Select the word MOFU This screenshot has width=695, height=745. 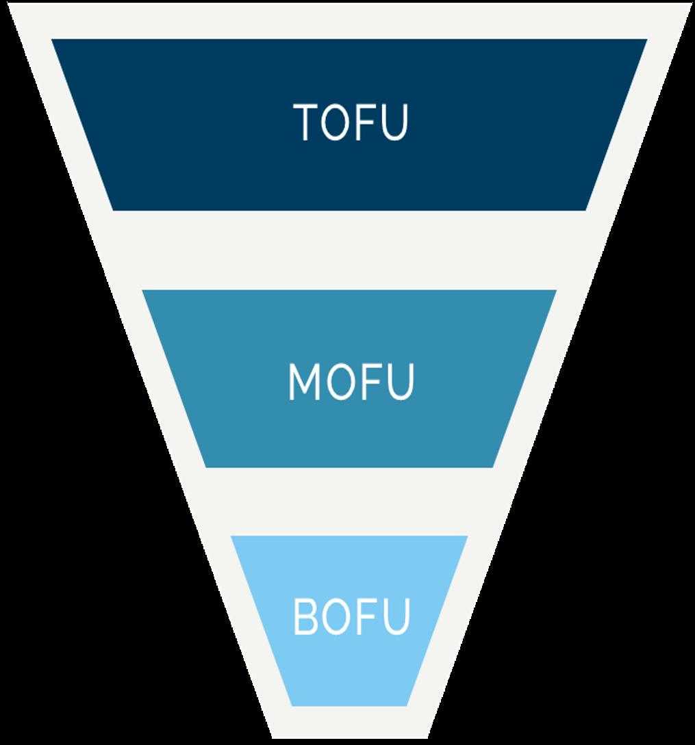coord(351,381)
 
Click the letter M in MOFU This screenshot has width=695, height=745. coord(304,382)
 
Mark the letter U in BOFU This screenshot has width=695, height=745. coord(394,616)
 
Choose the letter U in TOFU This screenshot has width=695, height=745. coord(393,122)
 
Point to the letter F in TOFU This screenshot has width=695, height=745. coord(366,122)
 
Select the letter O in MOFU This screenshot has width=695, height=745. coord(340,382)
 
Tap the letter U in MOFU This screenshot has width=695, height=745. coord(399,382)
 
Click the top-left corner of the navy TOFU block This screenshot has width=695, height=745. coord(53,40)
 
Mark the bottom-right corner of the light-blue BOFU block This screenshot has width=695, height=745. coord(407,705)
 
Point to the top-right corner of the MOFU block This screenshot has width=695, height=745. coord(555,291)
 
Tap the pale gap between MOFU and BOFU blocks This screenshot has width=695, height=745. coord(349,501)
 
